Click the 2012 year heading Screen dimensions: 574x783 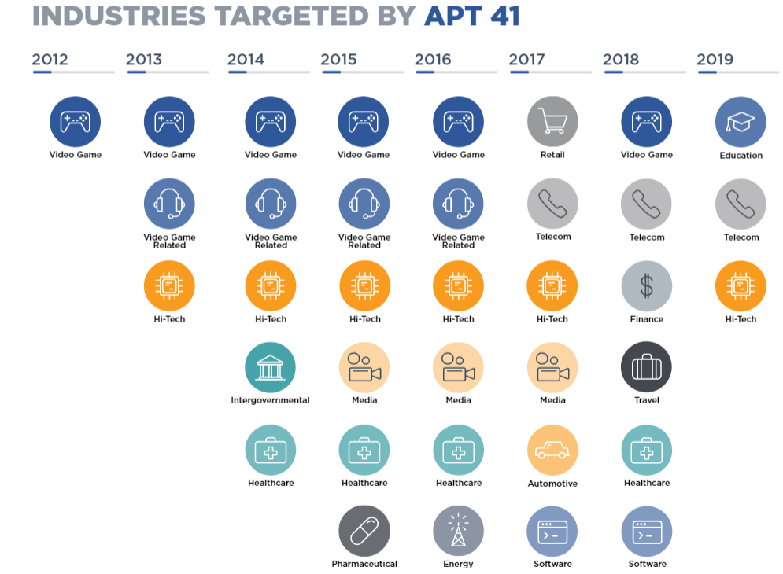click(x=50, y=59)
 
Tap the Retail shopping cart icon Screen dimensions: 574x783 click(x=552, y=122)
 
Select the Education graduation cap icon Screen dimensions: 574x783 click(x=741, y=122)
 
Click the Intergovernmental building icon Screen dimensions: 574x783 click(x=271, y=367)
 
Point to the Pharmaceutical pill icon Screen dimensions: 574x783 click(x=364, y=531)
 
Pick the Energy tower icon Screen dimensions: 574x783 click(x=458, y=531)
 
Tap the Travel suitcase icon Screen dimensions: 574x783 click(x=646, y=367)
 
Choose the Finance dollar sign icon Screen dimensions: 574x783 click(x=646, y=285)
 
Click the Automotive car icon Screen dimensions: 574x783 click(x=552, y=451)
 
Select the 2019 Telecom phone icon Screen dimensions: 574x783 click(x=741, y=204)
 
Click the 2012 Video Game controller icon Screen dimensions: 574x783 click(x=76, y=122)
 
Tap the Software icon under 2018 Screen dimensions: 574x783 click(x=646, y=531)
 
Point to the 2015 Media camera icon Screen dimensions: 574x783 click(x=364, y=367)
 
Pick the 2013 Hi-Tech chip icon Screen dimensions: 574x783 click(x=169, y=285)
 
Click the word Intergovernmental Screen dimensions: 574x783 click(x=271, y=400)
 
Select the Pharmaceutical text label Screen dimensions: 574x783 click(x=364, y=564)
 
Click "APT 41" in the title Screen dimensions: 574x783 click(x=471, y=16)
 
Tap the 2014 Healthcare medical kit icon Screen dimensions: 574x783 click(x=271, y=451)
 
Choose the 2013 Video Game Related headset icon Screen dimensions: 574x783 click(x=169, y=204)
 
